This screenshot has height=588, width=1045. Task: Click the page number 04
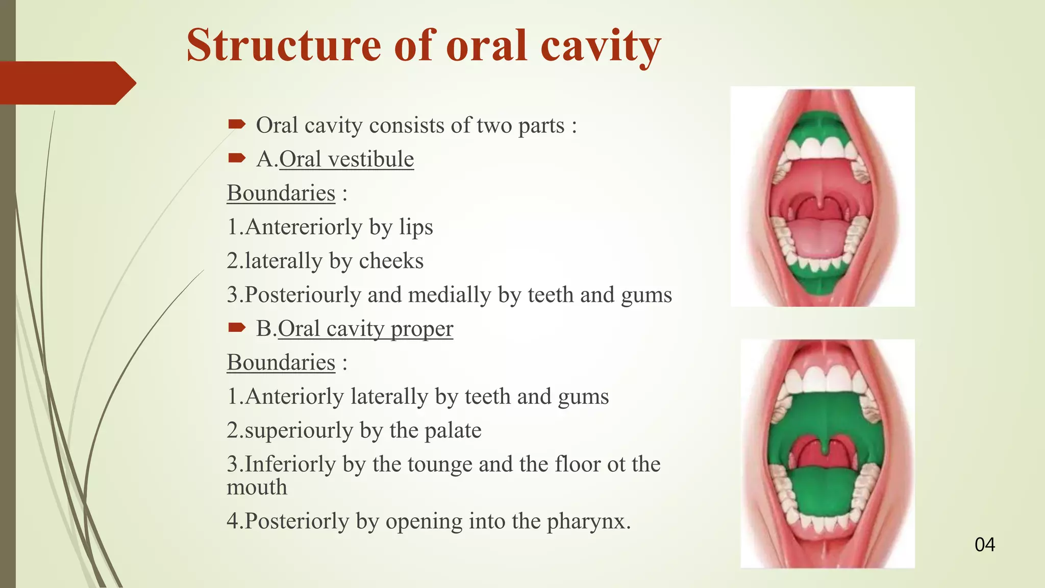(984, 545)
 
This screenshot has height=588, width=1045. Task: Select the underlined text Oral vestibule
(346, 159)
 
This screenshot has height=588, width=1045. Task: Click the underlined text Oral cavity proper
(365, 329)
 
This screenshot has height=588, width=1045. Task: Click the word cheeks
(391, 261)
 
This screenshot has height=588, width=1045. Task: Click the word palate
(453, 430)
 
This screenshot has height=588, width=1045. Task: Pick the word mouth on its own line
(257, 487)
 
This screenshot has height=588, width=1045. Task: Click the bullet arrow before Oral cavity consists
(237, 124)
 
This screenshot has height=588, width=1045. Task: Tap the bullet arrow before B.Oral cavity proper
(237, 327)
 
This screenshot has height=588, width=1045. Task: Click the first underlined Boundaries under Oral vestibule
(281, 193)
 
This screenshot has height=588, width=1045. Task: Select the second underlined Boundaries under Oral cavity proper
(281, 363)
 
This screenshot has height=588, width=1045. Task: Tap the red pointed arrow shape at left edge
(66, 83)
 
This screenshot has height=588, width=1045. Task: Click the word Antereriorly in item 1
(304, 227)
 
